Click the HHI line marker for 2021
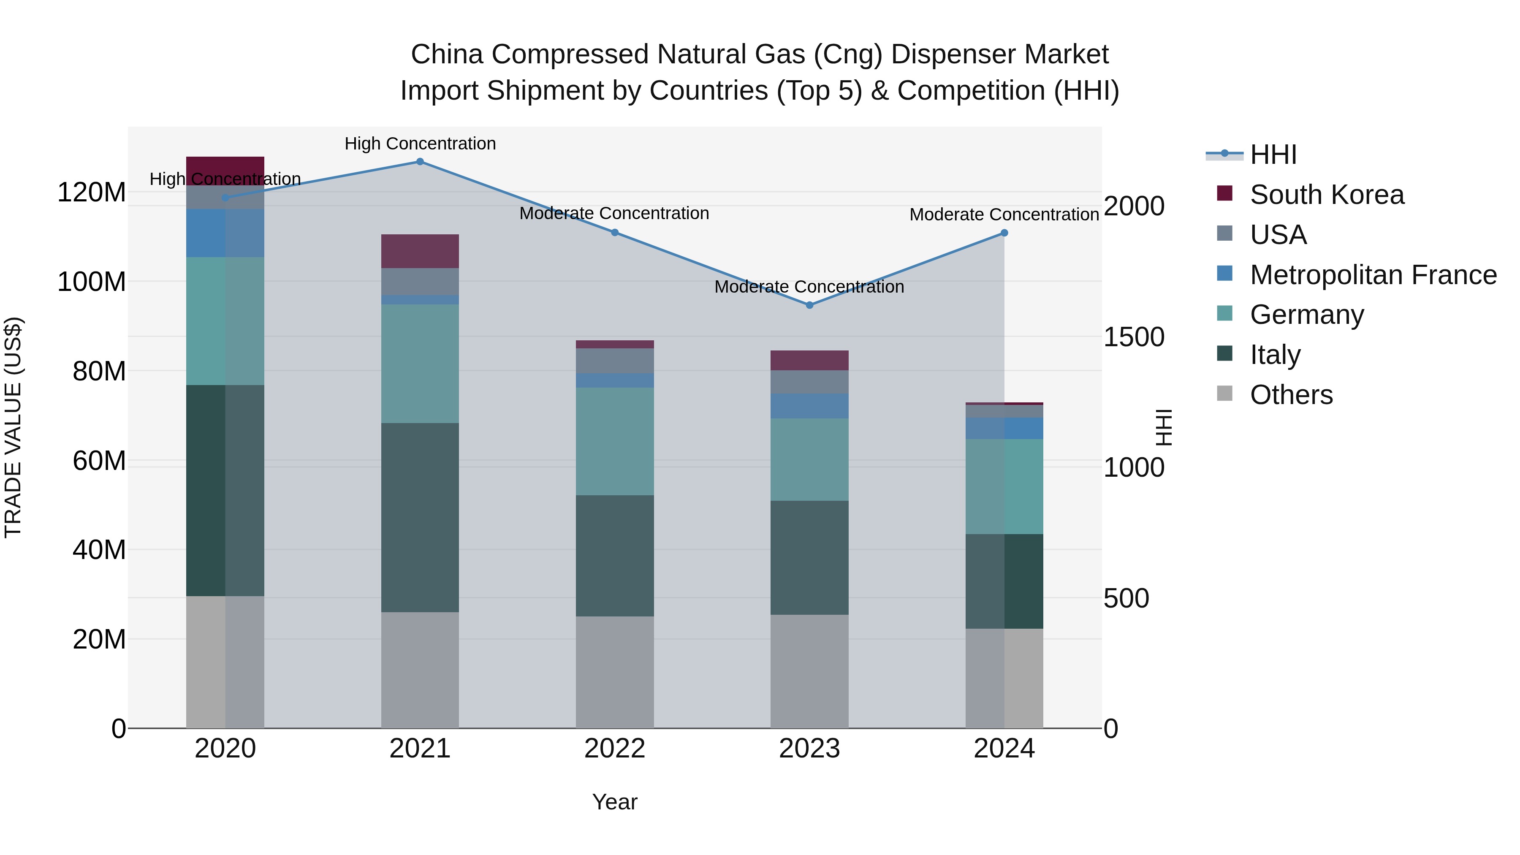pyautogui.click(x=420, y=162)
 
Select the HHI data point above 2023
pyautogui.click(x=809, y=305)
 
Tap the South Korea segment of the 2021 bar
pyautogui.click(x=420, y=251)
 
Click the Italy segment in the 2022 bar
pyautogui.click(x=614, y=556)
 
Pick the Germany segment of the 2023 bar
pyautogui.click(x=809, y=460)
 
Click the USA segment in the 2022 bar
pyautogui.click(x=614, y=361)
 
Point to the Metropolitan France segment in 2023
pyautogui.click(x=809, y=406)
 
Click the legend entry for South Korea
pyautogui.click(x=1327, y=195)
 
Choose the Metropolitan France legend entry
pyautogui.click(x=1373, y=275)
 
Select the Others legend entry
pyautogui.click(x=1291, y=395)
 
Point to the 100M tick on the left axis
pyautogui.click(x=92, y=282)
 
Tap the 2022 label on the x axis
pyautogui.click(x=614, y=749)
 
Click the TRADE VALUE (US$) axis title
pyautogui.click(x=13, y=427)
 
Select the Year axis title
pyautogui.click(x=614, y=802)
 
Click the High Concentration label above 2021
pyautogui.click(x=420, y=144)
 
